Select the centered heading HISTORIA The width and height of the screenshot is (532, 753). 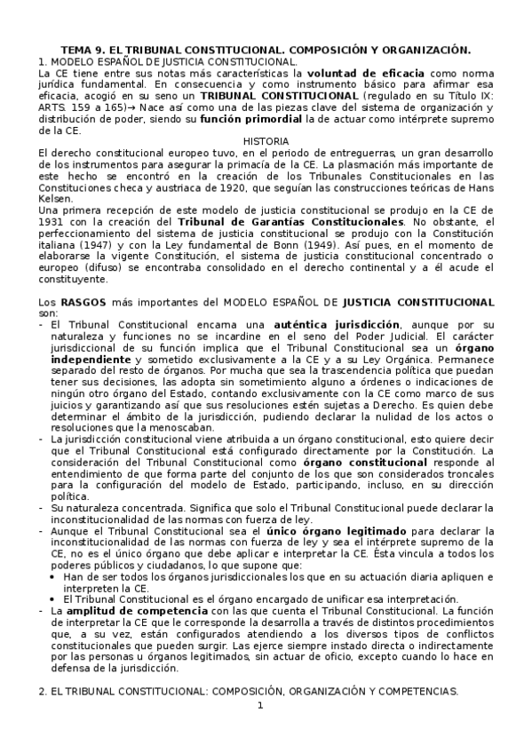pyautogui.click(x=266, y=141)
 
